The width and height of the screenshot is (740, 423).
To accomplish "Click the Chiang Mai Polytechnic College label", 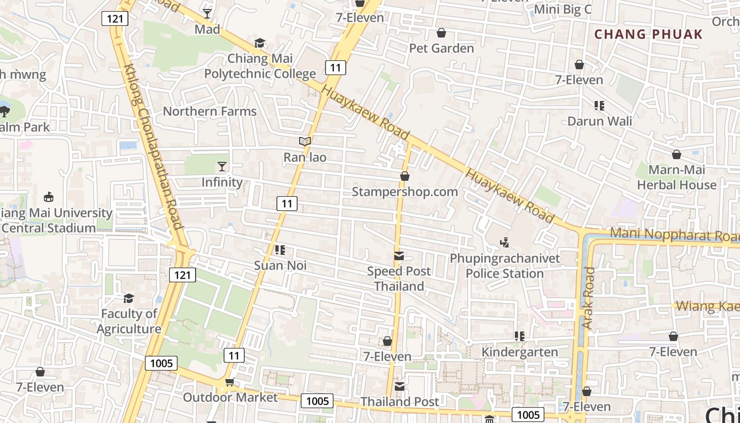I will click(260, 66).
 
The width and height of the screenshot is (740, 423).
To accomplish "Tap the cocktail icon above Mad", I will click(207, 14).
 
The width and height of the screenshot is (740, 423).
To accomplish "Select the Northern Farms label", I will click(210, 112).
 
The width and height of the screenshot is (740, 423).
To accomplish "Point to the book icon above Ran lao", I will click(305, 142).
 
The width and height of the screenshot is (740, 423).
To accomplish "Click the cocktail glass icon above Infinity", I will click(222, 167).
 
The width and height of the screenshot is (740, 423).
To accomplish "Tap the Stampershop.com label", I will click(405, 191).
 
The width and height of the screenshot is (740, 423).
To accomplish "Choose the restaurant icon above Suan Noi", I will click(280, 250).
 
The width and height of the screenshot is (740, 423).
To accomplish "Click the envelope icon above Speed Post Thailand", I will click(399, 256).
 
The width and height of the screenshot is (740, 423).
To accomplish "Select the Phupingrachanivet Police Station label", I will click(505, 266).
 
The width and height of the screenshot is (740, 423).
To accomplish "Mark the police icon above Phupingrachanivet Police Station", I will click(504, 243).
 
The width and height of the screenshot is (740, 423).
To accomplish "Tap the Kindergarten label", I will click(520, 352).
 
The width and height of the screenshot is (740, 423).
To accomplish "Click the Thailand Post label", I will click(400, 402).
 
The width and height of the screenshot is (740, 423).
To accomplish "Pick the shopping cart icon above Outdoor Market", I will click(229, 382).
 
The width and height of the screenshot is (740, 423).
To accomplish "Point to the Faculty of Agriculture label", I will click(129, 321).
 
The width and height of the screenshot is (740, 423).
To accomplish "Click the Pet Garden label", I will click(441, 48).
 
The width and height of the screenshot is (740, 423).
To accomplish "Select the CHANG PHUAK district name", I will click(649, 34).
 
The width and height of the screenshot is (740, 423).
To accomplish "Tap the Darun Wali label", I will click(599, 121).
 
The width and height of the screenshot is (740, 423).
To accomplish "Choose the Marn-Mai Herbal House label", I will click(677, 177).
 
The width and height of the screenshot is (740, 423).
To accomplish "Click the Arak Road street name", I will click(589, 299).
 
